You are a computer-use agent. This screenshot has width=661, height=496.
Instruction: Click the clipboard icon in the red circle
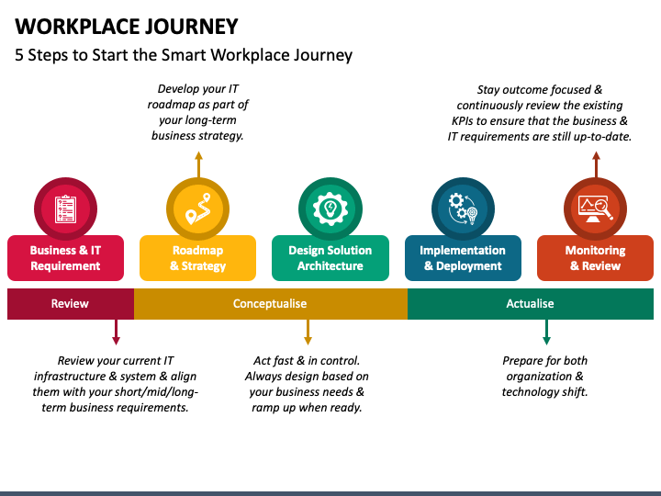pos(65,209)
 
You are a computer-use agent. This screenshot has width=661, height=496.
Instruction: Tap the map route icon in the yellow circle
pos(197,209)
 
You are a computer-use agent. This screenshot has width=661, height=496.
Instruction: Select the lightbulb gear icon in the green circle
pos(330,209)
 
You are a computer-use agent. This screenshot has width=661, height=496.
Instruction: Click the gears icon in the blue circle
pos(463,209)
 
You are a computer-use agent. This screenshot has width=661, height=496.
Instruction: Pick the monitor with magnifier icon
pos(595,209)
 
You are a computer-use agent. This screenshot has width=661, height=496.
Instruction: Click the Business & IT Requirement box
pos(66,258)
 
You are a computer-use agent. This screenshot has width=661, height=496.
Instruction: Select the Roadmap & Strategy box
pos(197,258)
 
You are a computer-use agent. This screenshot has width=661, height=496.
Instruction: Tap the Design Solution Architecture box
pos(330,258)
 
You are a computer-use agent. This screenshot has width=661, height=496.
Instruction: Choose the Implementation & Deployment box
pos(463,258)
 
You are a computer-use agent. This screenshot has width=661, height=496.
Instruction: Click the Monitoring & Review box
pos(595,258)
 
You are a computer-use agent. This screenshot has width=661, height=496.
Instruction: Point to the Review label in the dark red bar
pos(70,304)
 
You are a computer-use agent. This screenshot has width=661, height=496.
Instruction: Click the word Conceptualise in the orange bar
pos(270,304)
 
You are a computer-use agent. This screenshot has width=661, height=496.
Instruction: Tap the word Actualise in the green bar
pos(530,304)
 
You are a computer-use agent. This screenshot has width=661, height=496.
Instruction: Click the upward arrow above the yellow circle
pos(198,165)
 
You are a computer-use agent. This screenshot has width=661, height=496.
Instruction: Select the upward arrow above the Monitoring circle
pos(596,165)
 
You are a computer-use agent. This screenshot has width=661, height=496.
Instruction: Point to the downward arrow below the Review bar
pos(116,333)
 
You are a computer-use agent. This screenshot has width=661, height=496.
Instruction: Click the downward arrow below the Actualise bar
pos(546,333)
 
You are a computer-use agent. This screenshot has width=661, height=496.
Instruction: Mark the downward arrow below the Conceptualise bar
pos(308,333)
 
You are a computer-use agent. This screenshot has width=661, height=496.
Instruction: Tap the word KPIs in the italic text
pos(463,121)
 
